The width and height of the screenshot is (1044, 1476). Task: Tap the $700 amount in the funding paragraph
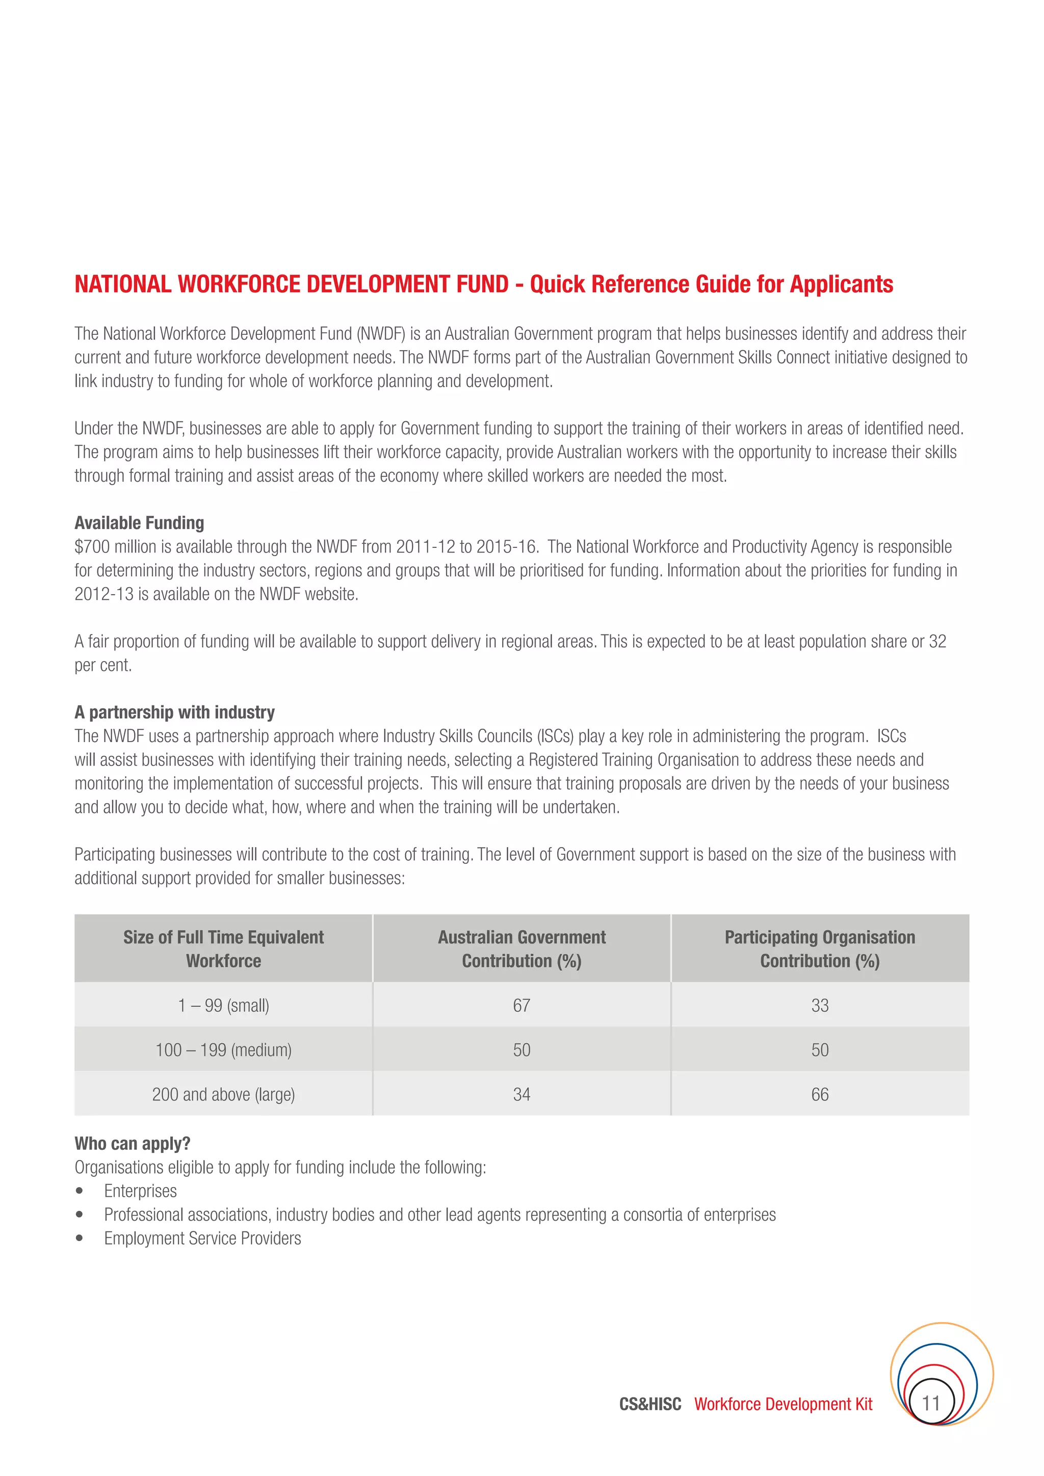(x=92, y=547)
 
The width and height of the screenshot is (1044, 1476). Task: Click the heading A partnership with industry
(x=174, y=713)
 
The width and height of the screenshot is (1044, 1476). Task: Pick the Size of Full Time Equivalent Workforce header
(x=223, y=949)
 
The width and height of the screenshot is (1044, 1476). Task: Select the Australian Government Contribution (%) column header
(x=521, y=949)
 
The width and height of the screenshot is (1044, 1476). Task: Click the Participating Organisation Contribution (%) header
(x=820, y=949)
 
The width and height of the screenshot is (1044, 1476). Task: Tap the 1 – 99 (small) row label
(x=223, y=1006)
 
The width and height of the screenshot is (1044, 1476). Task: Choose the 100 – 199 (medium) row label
(x=223, y=1050)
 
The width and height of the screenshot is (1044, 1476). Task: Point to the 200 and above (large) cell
(x=223, y=1094)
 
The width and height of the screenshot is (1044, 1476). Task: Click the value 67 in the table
(x=521, y=1006)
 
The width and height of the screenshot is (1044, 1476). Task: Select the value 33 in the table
(x=820, y=1006)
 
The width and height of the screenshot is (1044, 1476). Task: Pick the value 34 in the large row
(x=521, y=1094)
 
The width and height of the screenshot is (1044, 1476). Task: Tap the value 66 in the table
(x=820, y=1094)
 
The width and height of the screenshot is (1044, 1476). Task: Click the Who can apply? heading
(x=133, y=1144)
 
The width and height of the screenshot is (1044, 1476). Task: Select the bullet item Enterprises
(x=140, y=1191)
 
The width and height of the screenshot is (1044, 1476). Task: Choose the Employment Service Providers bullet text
(x=202, y=1238)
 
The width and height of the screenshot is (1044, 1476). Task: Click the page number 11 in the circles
(x=931, y=1403)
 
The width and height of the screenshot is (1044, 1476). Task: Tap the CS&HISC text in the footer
(x=650, y=1404)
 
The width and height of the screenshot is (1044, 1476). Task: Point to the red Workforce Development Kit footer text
(x=783, y=1404)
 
